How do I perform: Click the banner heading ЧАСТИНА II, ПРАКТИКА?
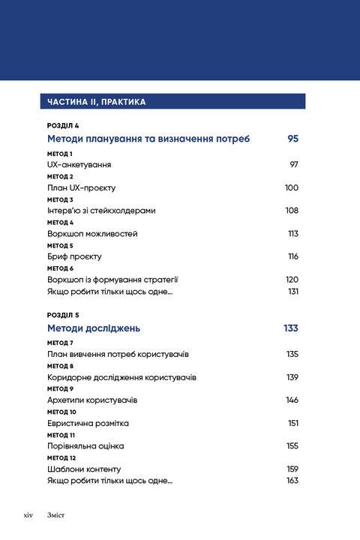point(96,101)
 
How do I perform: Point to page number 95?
point(292,139)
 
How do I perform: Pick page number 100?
point(292,187)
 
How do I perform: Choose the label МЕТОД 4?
point(60,223)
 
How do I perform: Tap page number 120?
point(292,280)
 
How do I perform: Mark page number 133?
point(291,328)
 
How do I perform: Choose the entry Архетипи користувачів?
point(92,400)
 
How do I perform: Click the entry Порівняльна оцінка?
point(85,445)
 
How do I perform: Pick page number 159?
point(292,469)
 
